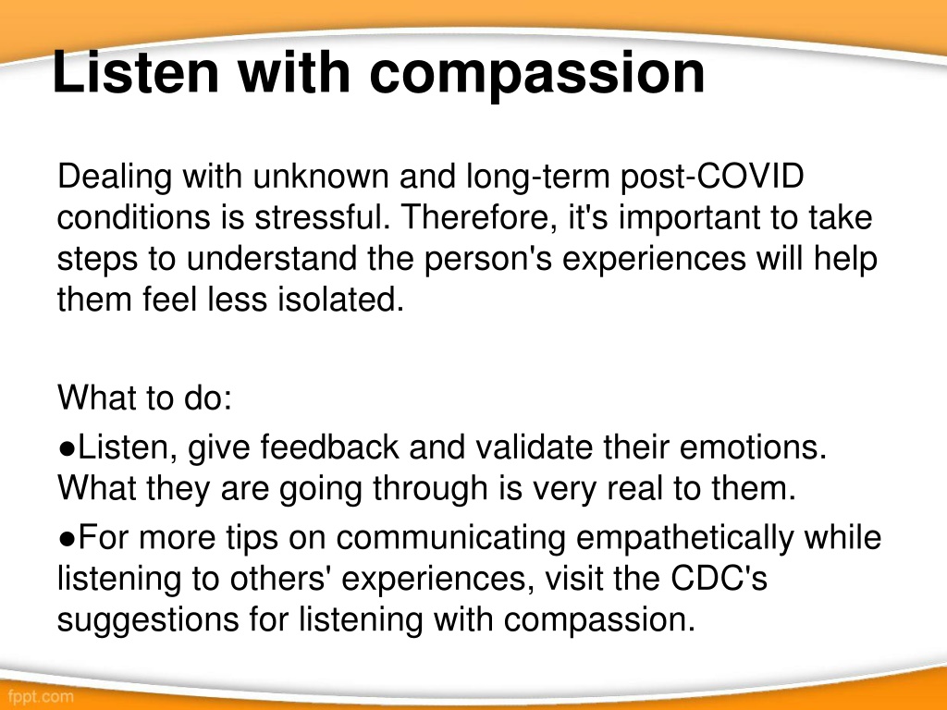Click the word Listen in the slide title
point(135,72)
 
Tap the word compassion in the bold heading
point(537,76)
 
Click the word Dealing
point(115,177)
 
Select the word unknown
point(321,177)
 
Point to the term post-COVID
point(712,177)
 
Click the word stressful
point(323,216)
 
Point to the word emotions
point(753,447)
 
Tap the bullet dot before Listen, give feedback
point(67,448)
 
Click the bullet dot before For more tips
point(67,538)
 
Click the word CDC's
point(719,579)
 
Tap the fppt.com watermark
point(41,696)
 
